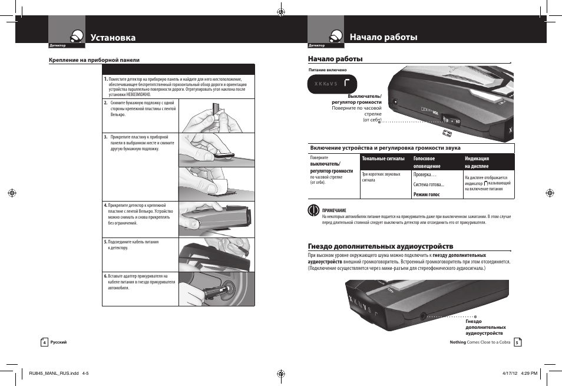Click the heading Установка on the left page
tap(113, 38)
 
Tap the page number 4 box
tap(44, 342)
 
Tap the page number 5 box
tap(517, 342)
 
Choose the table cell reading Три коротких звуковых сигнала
tap(381, 177)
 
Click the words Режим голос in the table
tap(427, 194)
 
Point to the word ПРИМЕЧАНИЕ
tap(334, 210)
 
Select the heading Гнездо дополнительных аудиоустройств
tap(381, 246)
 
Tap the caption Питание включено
tap(323, 69)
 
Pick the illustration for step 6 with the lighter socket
tap(216, 289)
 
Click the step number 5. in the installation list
tap(105, 242)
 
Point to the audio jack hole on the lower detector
tap(423, 316)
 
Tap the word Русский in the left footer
tap(58, 342)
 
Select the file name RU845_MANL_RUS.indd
tap(49, 372)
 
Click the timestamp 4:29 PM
tap(529, 372)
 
